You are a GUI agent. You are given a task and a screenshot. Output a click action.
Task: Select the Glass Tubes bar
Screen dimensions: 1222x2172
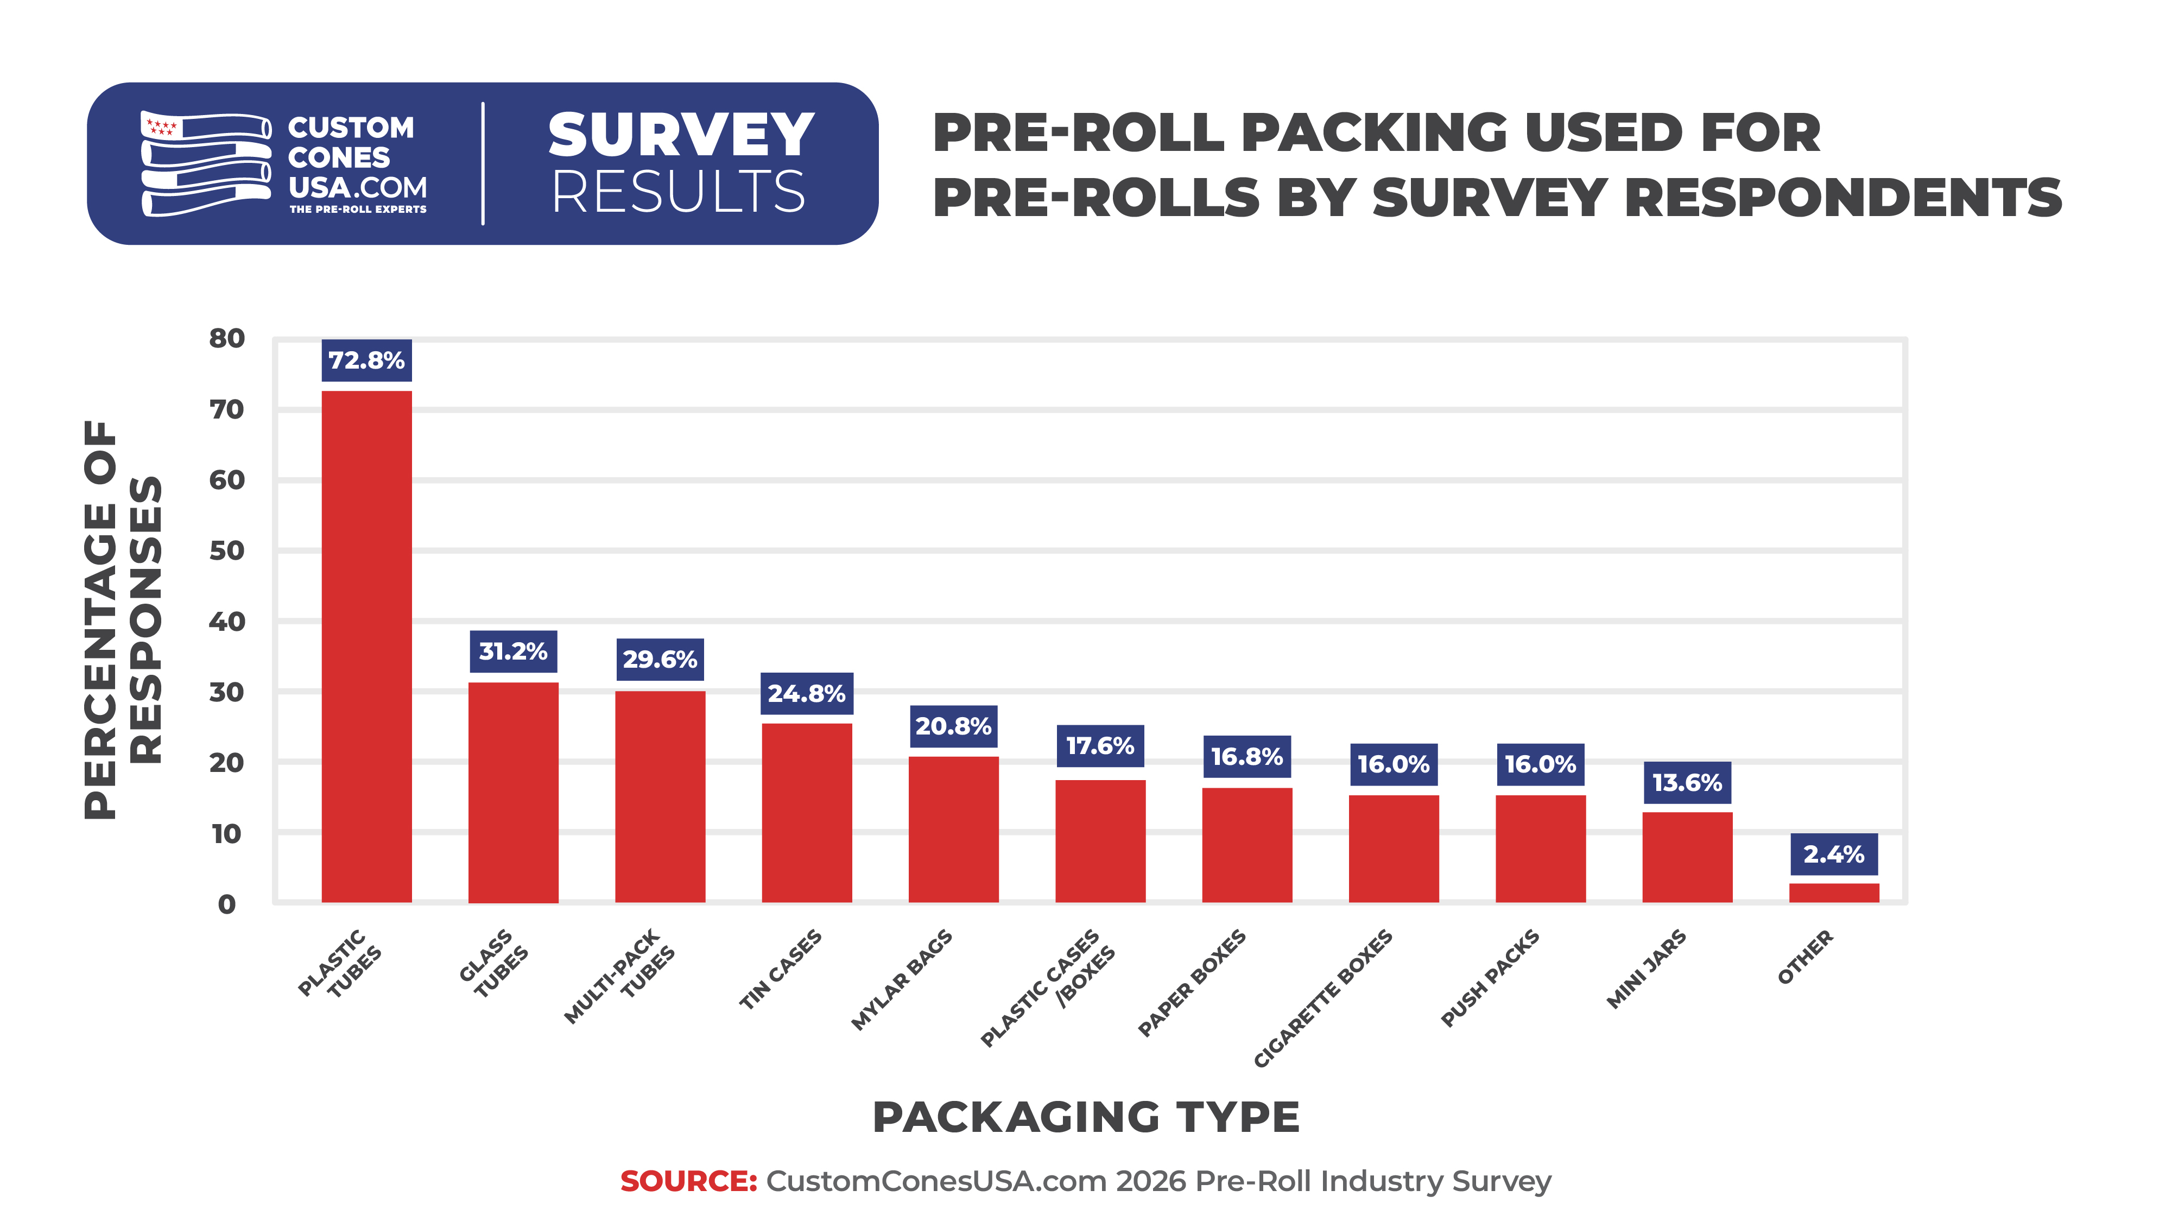(x=514, y=792)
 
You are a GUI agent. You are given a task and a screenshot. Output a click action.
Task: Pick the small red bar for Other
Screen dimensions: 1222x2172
(x=1834, y=892)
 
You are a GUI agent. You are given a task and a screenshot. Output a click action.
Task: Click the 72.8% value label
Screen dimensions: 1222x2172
(x=367, y=360)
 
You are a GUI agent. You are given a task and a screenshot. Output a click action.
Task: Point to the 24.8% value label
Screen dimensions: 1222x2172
(x=807, y=693)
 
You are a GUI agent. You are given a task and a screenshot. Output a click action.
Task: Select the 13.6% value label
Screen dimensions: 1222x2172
(x=1687, y=783)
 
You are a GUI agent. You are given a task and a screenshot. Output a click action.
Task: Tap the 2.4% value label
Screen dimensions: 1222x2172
(x=1834, y=854)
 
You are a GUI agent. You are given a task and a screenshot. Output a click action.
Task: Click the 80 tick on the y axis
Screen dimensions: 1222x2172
(x=227, y=338)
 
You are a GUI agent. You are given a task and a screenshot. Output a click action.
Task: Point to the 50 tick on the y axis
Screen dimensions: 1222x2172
(x=227, y=550)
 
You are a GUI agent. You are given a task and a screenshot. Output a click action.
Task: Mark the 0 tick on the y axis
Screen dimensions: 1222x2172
(x=227, y=904)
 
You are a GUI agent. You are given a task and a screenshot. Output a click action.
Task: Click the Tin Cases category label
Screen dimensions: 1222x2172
(x=781, y=969)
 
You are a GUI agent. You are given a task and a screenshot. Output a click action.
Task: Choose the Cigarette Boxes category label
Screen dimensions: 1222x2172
(x=1323, y=998)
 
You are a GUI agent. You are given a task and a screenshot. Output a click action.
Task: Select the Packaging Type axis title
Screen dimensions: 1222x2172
(x=1086, y=1117)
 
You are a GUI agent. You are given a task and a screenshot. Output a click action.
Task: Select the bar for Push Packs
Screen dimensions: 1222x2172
(x=1541, y=849)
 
